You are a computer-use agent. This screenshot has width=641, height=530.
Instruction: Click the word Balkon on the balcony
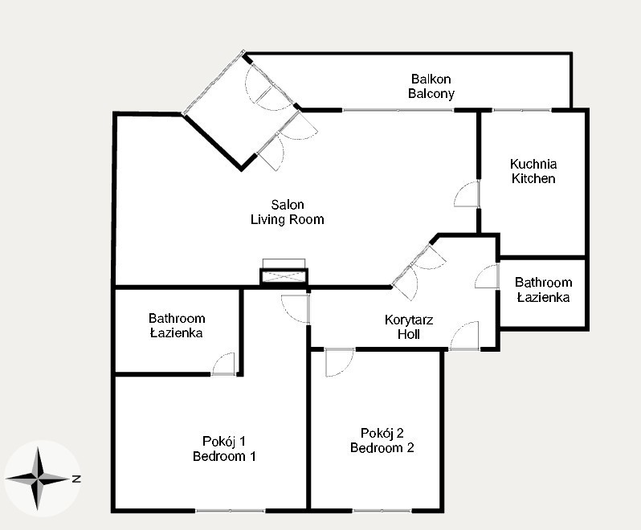coord(431,79)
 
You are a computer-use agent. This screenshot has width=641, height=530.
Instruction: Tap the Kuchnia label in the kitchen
coord(533,164)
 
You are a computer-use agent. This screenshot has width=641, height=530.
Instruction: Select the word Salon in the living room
coord(288,204)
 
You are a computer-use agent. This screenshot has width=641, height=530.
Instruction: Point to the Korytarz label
coord(409,320)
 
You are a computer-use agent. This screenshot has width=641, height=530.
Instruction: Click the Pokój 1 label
coord(224,442)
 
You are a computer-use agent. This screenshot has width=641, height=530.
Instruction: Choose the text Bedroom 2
coord(382,448)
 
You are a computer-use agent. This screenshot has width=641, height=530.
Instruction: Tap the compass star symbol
coord(38,479)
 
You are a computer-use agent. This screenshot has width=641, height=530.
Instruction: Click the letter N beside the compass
coord(76,479)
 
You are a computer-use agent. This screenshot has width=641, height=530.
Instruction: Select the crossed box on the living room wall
coord(284,277)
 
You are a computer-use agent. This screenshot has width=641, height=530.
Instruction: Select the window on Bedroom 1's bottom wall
coord(231,511)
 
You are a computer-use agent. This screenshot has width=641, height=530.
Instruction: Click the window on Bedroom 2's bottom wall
coord(382,511)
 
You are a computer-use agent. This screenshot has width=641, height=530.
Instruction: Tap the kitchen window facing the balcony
coord(521,110)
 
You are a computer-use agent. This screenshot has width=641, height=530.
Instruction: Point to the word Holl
coord(409,334)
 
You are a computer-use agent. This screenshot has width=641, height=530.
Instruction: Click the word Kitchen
coord(533,178)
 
